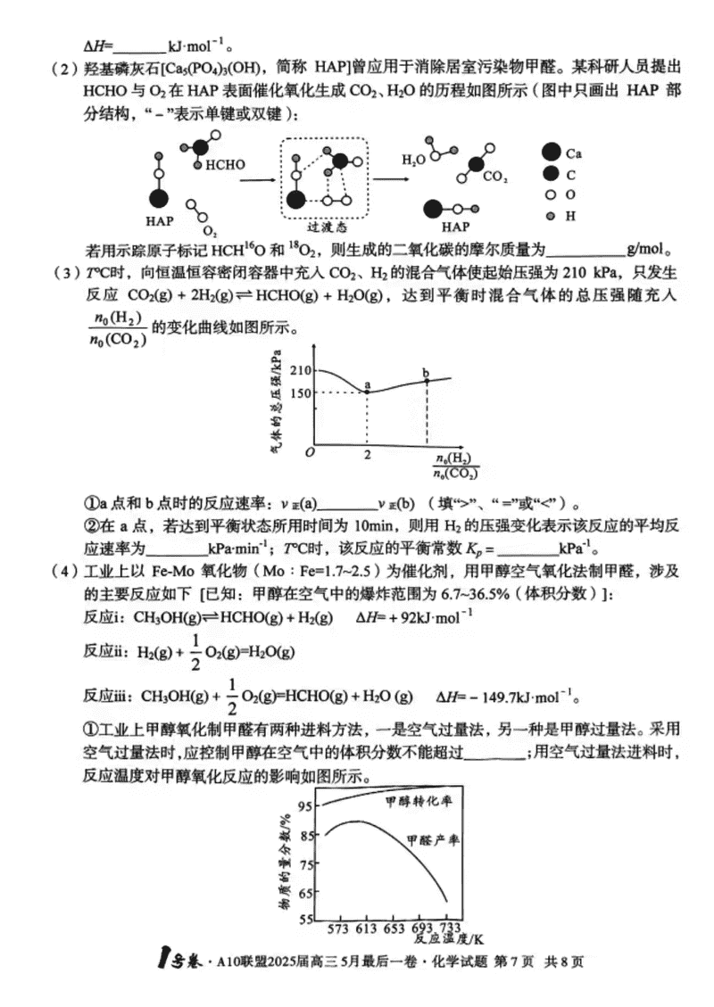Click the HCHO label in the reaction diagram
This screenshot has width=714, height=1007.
(225, 165)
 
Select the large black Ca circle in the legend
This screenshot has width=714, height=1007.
(551, 152)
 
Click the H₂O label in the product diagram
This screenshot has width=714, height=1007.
(412, 161)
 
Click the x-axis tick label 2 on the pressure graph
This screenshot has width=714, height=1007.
(367, 454)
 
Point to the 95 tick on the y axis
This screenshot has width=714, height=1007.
(306, 806)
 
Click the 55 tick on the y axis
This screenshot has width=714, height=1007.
(306, 920)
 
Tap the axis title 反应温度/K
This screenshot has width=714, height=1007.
(449, 939)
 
